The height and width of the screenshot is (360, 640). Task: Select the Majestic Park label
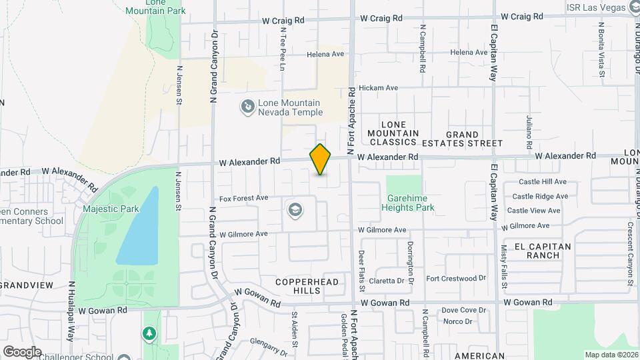[x=111, y=209]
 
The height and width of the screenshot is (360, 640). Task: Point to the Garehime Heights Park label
[x=408, y=203]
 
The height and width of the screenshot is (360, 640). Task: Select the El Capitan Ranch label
[x=543, y=251]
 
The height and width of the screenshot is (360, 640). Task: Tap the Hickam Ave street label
[x=378, y=87]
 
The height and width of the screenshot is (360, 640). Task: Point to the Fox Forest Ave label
[x=243, y=197]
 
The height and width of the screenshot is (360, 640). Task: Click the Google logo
[x=22, y=351]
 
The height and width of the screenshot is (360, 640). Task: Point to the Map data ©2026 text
[x=611, y=355]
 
